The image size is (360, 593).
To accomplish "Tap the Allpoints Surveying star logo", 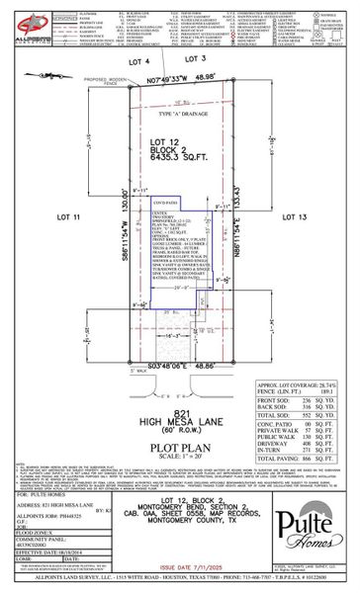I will coord(30,21).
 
